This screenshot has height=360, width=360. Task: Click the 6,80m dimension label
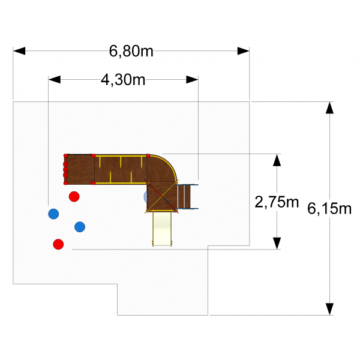(131, 51)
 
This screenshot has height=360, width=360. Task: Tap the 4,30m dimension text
(123, 80)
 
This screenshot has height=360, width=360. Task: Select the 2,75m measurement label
(277, 202)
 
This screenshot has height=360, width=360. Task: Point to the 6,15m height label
(329, 209)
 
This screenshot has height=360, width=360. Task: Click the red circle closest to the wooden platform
(74, 196)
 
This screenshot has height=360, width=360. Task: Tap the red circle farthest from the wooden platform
(58, 244)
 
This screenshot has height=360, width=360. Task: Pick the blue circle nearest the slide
(80, 226)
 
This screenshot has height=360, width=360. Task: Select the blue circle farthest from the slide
(53, 213)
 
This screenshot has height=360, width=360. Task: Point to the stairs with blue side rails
(187, 196)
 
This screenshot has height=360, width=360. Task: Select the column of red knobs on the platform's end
(65, 169)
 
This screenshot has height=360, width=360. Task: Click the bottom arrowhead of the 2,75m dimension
(277, 243)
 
